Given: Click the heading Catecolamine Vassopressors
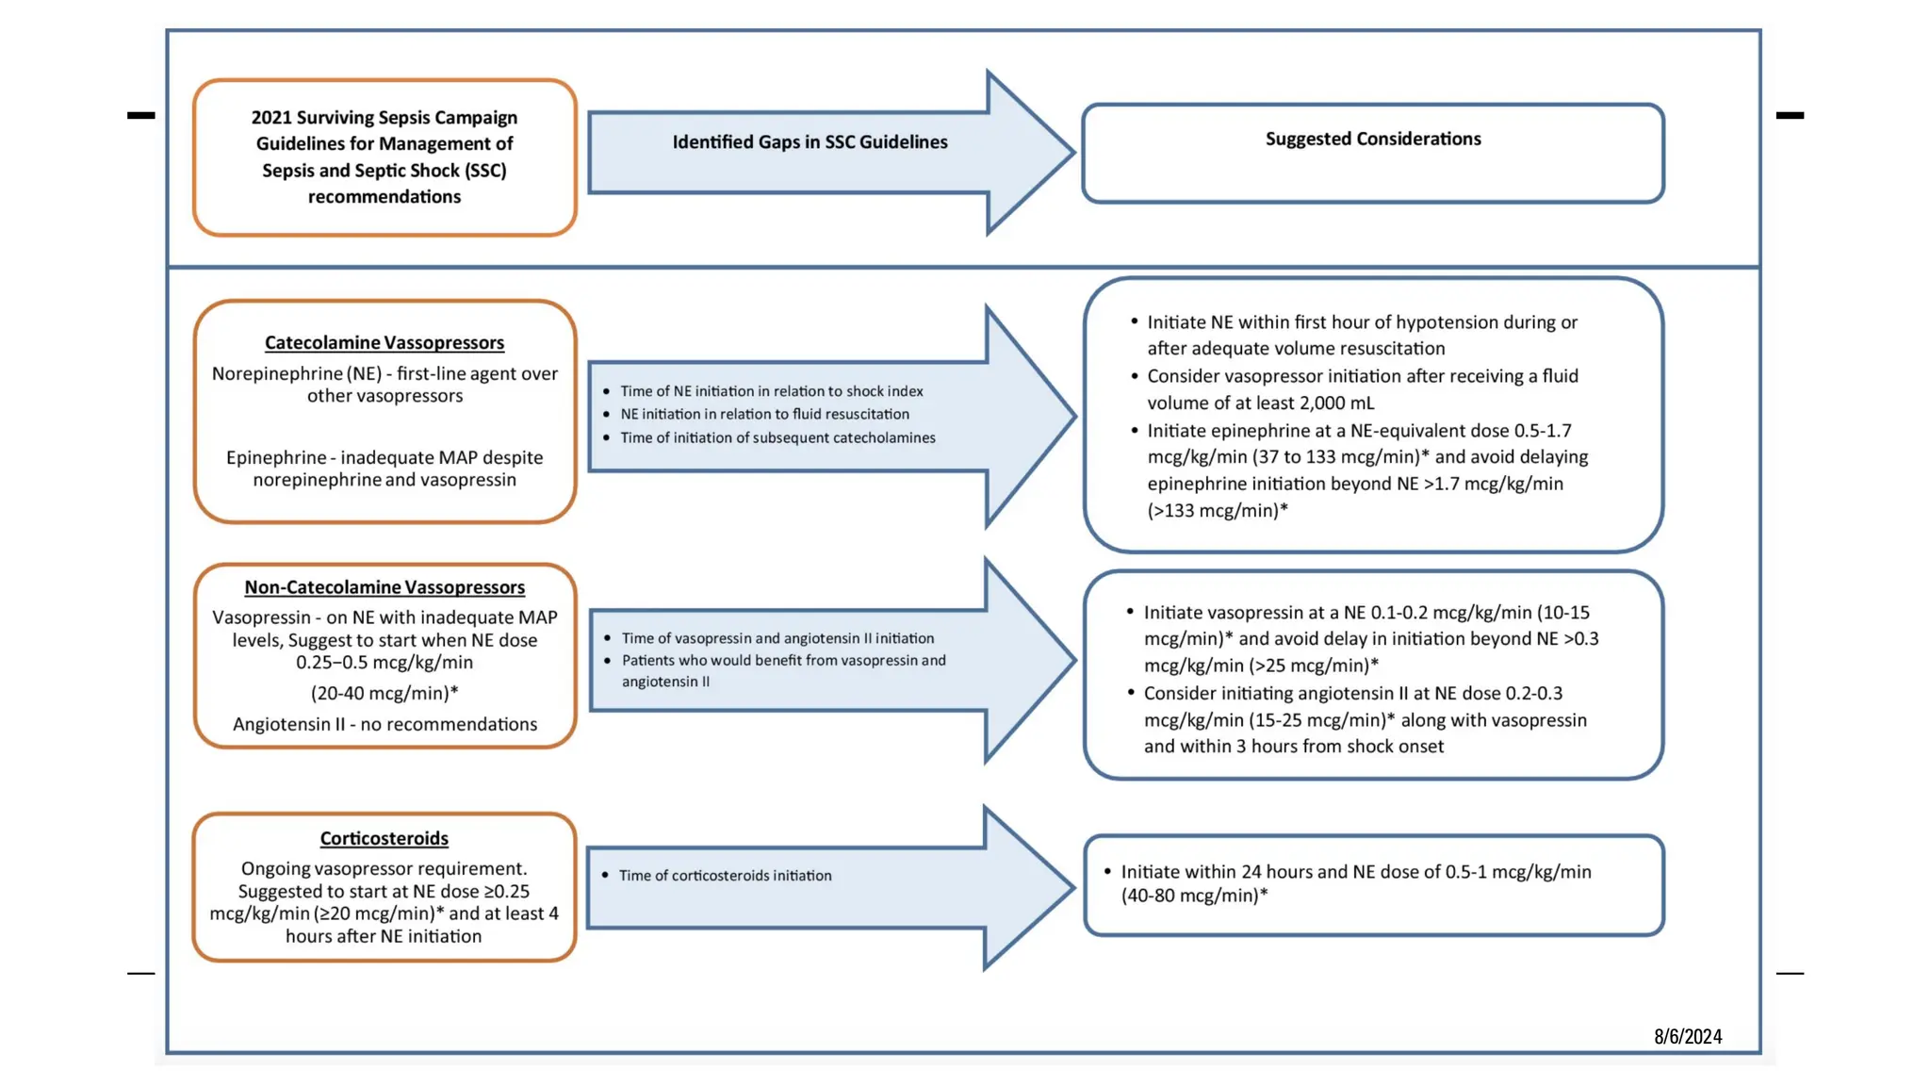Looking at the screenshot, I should point(384,343).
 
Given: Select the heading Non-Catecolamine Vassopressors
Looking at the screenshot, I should point(384,587).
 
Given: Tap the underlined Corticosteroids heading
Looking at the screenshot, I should point(384,838).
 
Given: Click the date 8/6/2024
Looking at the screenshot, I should point(1687,1036).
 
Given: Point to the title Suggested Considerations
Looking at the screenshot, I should point(1372,139).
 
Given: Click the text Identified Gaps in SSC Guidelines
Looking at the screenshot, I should point(810,141).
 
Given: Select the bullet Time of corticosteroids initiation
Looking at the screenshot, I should point(725,876).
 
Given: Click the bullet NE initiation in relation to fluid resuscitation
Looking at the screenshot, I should point(764,414).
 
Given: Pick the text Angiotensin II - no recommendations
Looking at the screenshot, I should point(384,724).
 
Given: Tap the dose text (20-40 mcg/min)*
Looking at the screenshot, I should point(384,693).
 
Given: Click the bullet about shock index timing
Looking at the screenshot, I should point(771,391).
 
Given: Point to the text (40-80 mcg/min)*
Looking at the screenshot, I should point(1194,896).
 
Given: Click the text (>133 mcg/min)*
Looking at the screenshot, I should point(1217,511).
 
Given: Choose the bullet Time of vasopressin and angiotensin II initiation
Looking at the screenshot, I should point(777,638).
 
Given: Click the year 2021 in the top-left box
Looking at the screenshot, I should point(271,118).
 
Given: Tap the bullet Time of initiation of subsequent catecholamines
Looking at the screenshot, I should point(777,437).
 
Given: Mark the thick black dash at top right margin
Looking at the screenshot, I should point(1789,115).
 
